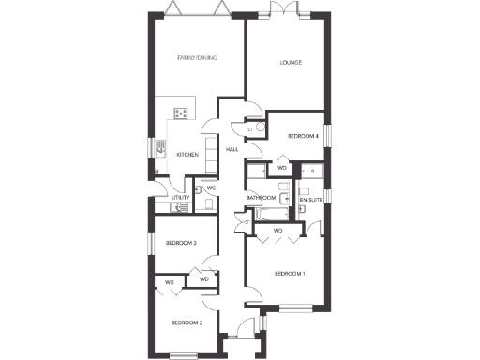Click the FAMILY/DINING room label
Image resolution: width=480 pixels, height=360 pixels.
[x=198, y=58]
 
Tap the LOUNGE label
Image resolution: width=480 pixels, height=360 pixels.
[x=291, y=63]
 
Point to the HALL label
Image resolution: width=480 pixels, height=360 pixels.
[x=232, y=149]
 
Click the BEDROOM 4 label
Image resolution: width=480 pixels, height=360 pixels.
[x=303, y=137]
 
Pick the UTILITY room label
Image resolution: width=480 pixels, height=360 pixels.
[x=181, y=198]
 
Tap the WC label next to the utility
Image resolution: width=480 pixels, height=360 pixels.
[x=211, y=188]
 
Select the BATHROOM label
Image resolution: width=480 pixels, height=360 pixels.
[x=261, y=198]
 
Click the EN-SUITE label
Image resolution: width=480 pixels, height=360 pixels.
[x=310, y=201]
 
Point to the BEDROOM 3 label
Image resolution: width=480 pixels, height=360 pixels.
[x=181, y=243]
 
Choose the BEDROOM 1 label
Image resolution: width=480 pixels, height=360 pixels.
[x=290, y=274]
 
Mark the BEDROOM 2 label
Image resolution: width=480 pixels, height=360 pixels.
[x=187, y=322]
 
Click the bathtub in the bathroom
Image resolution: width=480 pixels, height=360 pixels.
[x=267, y=215]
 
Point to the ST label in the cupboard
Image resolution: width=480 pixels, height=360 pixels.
[x=250, y=128]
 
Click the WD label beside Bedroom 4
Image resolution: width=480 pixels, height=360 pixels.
[x=281, y=168]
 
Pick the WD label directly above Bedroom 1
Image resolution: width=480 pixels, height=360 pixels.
[x=277, y=231]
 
